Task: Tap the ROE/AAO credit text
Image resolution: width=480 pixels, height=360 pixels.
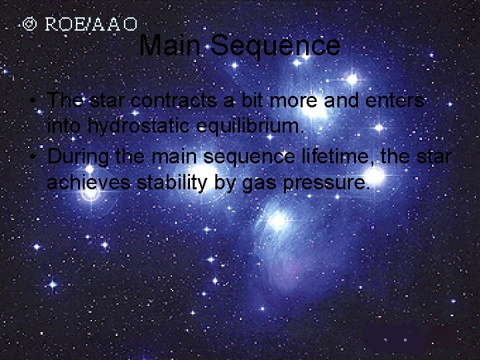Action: click(x=91, y=25)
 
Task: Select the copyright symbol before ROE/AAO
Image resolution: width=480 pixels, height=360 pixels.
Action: click(x=29, y=25)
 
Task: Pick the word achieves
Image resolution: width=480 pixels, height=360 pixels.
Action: click(x=88, y=182)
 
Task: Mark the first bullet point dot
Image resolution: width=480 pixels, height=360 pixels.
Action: click(x=32, y=101)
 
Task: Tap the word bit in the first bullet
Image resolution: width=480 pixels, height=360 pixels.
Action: click(x=254, y=101)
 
